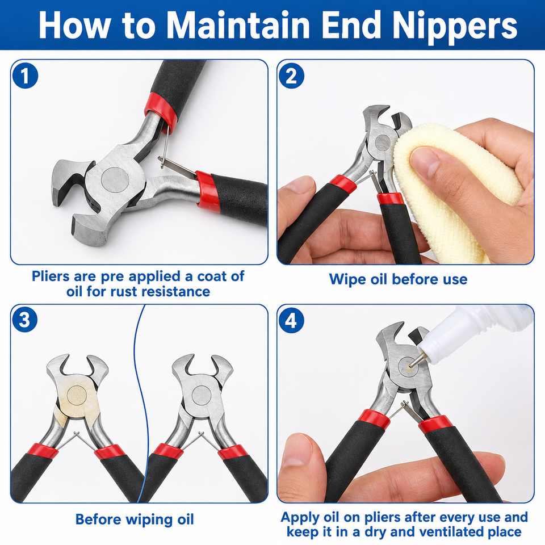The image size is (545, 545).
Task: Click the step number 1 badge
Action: [25, 76]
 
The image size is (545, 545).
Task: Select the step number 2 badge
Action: [291, 76]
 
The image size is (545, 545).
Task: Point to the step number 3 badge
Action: [25, 320]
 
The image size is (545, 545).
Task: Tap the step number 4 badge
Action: [291, 320]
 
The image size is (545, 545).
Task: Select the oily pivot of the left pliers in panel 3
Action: [77, 395]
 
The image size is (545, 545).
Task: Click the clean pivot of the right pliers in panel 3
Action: [202, 395]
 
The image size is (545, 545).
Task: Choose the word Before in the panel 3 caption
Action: [98, 519]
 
